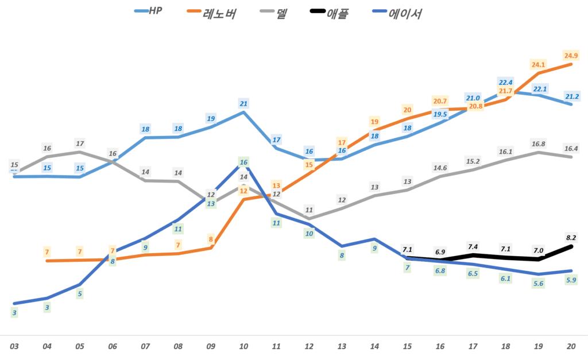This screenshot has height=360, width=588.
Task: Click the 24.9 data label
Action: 571,56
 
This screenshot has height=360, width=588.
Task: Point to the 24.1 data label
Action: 539,64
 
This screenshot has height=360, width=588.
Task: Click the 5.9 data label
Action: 571,280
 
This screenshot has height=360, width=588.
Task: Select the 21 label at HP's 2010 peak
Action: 243,104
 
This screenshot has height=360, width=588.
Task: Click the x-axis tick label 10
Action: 243,347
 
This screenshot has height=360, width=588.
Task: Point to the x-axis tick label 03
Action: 14,347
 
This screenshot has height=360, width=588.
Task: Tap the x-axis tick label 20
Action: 571,347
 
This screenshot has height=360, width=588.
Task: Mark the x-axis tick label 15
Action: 407,347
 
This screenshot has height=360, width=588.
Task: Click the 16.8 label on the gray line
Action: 539,144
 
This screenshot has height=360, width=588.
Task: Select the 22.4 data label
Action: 506,82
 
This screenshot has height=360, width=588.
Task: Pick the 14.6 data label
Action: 440,168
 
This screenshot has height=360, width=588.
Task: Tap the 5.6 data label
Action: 539,284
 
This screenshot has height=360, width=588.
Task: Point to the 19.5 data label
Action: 440,114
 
